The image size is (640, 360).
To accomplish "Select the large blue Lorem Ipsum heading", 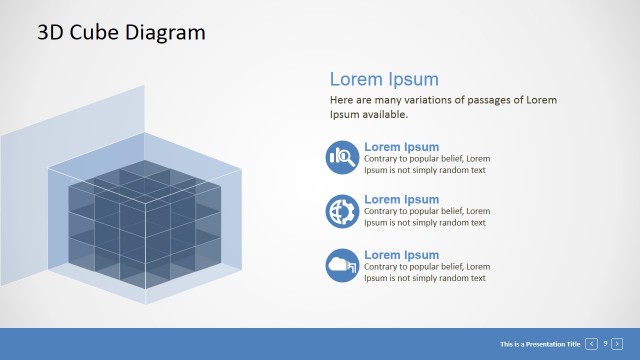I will (x=384, y=79).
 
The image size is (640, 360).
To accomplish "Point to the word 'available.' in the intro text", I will (x=382, y=114).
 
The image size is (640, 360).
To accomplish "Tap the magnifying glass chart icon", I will (x=342, y=157).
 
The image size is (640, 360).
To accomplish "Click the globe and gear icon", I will (x=342, y=211).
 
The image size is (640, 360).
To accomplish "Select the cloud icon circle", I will (x=342, y=265).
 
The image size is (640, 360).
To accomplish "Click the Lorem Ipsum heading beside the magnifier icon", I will (x=401, y=147).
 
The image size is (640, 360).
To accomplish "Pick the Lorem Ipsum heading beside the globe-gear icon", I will (x=401, y=200).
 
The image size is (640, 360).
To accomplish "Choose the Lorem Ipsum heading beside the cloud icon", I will (x=401, y=255).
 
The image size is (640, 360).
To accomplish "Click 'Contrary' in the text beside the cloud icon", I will (x=382, y=267).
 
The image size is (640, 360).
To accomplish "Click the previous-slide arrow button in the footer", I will (x=592, y=344).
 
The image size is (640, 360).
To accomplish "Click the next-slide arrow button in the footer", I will (x=617, y=344).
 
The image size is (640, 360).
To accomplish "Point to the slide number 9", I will (x=605, y=344).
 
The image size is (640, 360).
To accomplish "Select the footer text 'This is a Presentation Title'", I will (x=540, y=344).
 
